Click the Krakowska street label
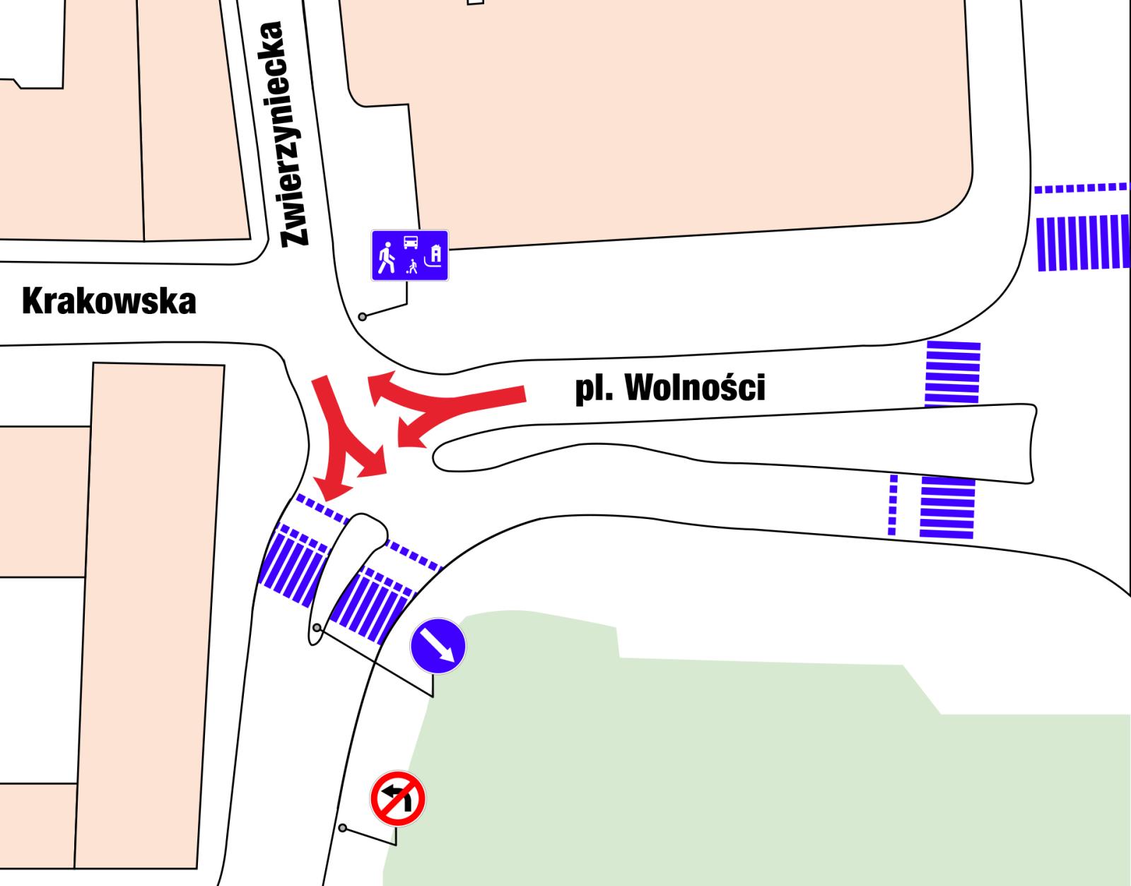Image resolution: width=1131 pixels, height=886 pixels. point(109,301)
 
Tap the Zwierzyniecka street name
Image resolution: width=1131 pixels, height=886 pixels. point(293,134)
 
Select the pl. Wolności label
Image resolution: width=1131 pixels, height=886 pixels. point(669,387)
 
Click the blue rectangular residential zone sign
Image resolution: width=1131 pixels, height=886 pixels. point(410,255)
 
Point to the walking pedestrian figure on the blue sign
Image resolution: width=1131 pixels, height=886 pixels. point(386,257)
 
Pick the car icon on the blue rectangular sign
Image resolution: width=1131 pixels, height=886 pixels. point(410,243)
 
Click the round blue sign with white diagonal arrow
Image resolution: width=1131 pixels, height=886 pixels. point(438,646)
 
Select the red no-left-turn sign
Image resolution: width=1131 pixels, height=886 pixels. point(398,799)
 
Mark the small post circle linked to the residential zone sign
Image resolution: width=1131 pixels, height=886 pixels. point(363,317)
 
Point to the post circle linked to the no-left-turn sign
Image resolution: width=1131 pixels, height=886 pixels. point(343,828)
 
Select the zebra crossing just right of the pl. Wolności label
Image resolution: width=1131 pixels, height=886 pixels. point(953,373)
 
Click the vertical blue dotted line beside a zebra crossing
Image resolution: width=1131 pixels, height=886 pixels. point(893,504)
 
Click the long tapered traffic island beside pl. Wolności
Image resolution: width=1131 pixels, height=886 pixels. point(778,442)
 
